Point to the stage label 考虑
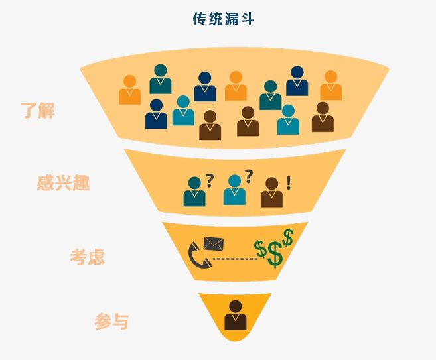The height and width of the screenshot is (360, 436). point(88,257)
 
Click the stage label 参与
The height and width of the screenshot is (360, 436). point(111,322)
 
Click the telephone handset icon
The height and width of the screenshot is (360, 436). point(199,255)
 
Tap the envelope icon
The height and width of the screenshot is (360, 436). point(213,243)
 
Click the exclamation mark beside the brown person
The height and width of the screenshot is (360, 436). point(288,182)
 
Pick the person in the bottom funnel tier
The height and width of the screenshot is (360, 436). point(235,316)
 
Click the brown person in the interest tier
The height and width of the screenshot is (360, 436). point(271,193)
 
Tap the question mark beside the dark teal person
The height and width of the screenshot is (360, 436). point(209,180)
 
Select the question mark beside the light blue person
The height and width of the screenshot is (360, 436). point(249,175)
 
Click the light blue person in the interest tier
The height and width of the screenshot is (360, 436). point(234,190)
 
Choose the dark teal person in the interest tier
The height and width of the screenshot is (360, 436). point(194,192)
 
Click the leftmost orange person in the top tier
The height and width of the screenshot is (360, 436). point(130,90)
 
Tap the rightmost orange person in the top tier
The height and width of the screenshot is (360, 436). point(330,86)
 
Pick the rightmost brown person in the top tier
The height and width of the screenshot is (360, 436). point(323,117)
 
